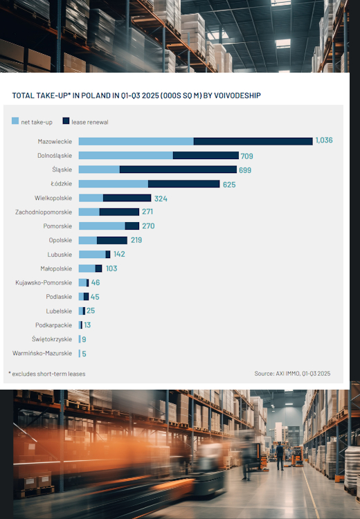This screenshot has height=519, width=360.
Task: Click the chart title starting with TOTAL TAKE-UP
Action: point(136,95)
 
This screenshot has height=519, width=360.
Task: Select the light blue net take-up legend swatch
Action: point(15,121)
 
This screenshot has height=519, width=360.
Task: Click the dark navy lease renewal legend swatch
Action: point(66,121)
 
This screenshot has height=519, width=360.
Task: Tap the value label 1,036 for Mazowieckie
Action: point(324,140)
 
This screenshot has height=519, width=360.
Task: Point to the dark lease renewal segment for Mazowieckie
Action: point(253,141)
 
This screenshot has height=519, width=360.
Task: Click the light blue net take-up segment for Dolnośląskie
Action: point(125,156)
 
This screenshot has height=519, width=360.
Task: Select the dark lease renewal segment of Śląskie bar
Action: point(178,170)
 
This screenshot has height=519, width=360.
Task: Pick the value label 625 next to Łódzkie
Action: point(230,184)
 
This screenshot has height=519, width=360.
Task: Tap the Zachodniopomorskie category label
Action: point(44,212)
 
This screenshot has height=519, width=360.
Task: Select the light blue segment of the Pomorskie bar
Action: point(102,226)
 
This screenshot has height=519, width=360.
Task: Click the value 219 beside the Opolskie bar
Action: point(136,240)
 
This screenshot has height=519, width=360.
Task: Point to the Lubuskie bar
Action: point(93,255)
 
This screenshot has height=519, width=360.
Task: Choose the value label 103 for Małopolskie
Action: point(111,268)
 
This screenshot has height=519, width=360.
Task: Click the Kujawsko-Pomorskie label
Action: point(44,282)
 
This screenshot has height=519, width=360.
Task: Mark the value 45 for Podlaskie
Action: point(95,297)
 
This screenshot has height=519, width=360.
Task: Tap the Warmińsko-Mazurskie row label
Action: point(42,353)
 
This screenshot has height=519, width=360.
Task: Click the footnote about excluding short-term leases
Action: point(47,374)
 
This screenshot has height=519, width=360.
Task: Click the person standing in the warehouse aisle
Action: point(280,455)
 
